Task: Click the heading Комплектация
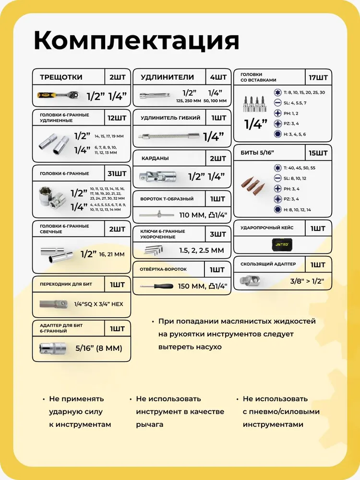(x=136, y=40)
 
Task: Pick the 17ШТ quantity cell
(x=318, y=77)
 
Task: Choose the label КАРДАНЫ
(x=155, y=158)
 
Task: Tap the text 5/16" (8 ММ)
(x=98, y=348)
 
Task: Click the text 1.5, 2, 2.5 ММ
(x=201, y=250)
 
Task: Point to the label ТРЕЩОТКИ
(x=61, y=77)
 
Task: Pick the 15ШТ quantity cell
(x=318, y=153)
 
